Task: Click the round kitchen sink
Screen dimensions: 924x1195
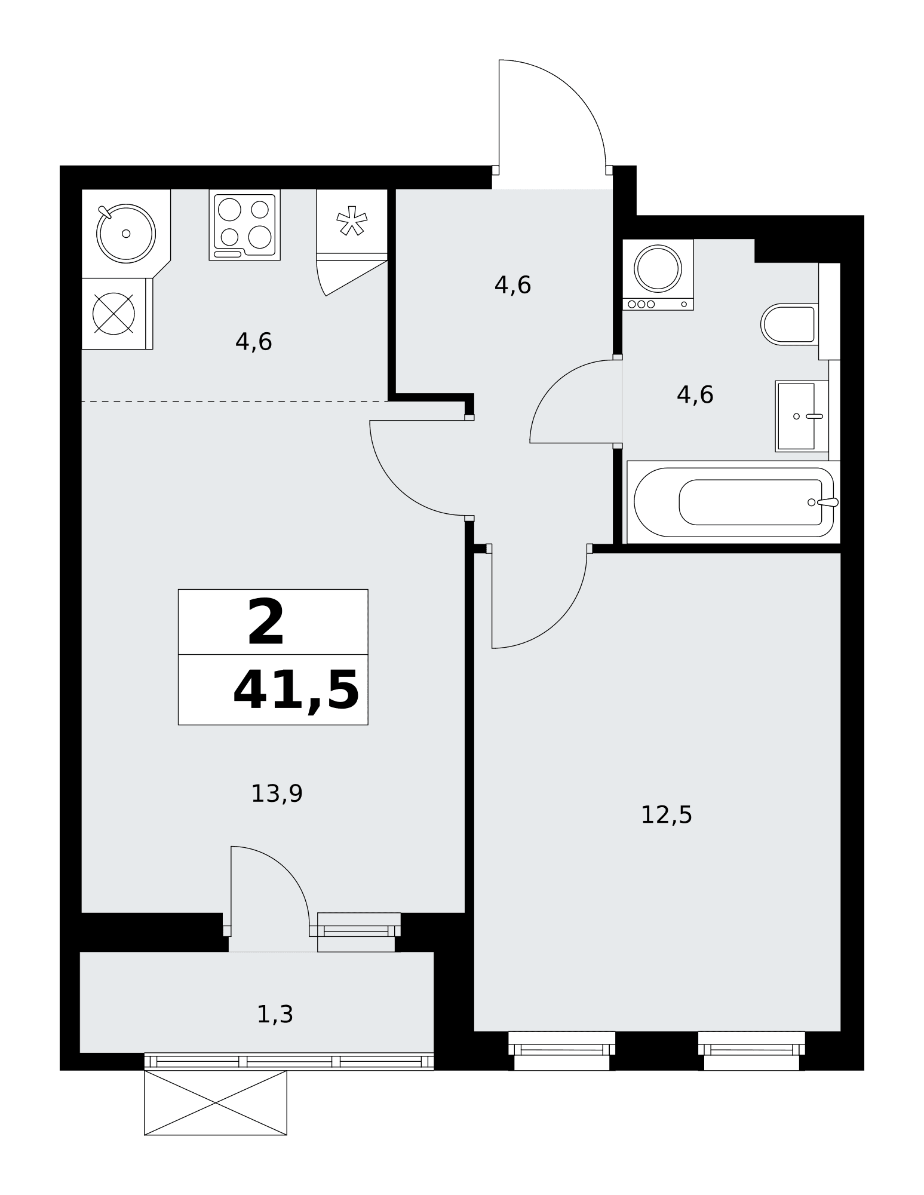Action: [x=126, y=233]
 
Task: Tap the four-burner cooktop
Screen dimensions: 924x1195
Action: [x=245, y=225]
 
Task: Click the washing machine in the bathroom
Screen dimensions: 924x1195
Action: [x=658, y=274]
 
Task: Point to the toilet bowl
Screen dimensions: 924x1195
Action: [x=789, y=324]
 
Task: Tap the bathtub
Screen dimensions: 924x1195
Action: [x=733, y=502]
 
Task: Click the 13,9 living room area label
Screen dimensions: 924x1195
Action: [x=277, y=794]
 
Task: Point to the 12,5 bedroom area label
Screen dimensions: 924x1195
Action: [x=666, y=815]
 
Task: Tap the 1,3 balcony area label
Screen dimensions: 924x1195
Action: [x=275, y=1015]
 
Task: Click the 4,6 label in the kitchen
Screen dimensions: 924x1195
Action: [x=253, y=342]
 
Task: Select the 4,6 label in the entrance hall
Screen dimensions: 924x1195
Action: [x=512, y=285]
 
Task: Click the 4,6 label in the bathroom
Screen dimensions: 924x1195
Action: [x=695, y=395]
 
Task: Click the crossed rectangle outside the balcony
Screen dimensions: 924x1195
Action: [x=216, y=1102]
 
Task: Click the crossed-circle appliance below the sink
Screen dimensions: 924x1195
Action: [x=113, y=313]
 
